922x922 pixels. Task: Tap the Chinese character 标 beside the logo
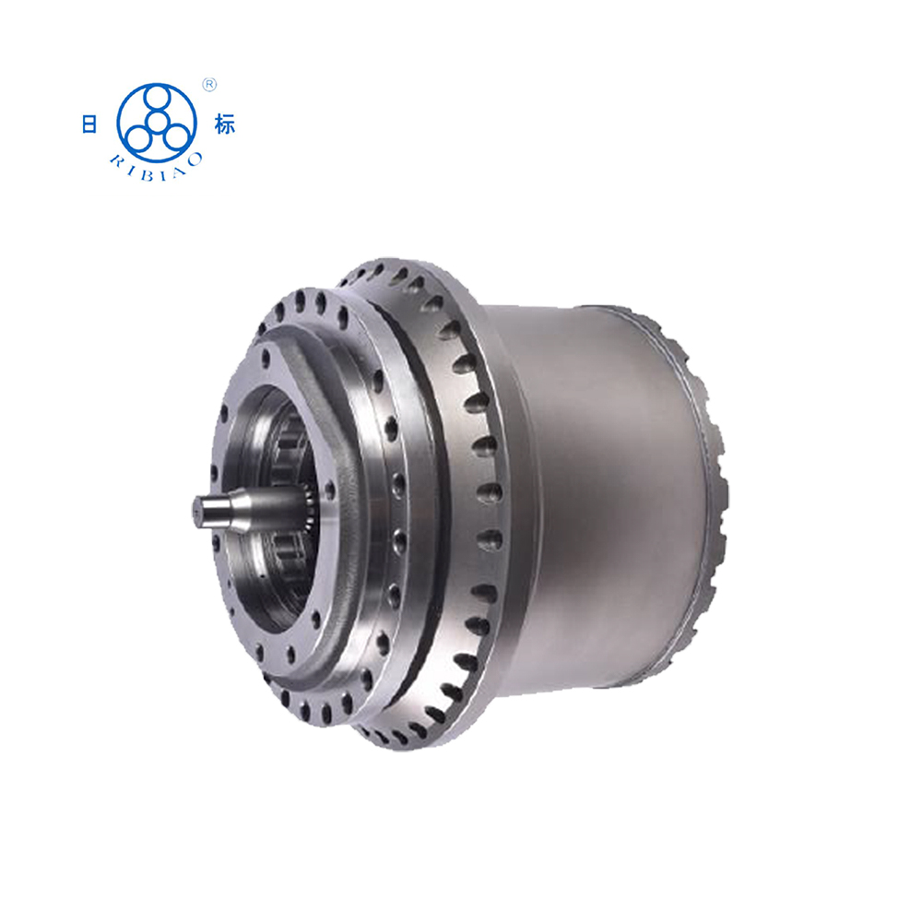click(x=225, y=124)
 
